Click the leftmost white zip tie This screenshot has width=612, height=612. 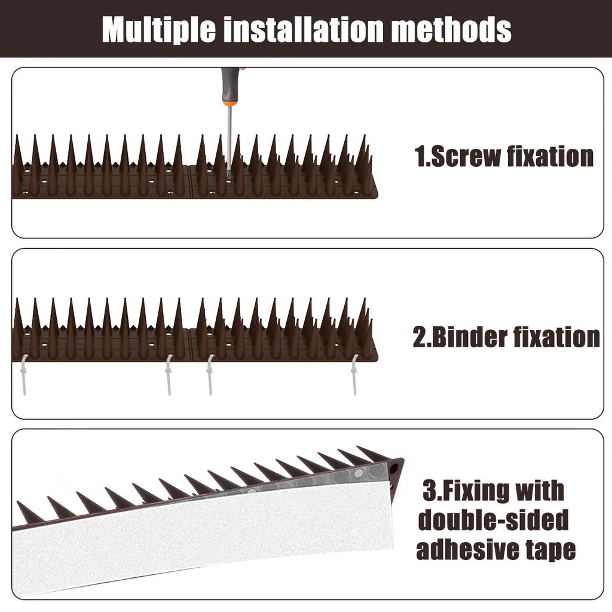tap(23, 374)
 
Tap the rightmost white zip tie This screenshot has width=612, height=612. tap(354, 374)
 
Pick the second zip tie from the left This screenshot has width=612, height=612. tap(169, 374)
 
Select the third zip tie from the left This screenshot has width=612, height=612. tap(210, 374)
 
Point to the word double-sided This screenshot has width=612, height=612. tap(493, 520)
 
